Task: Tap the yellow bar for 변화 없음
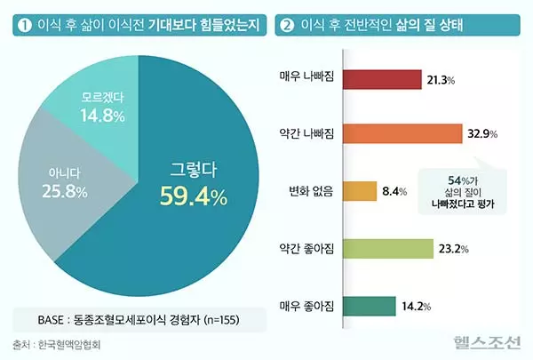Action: pyautogui.click(x=360, y=191)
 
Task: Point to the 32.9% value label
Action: pyautogui.click(x=481, y=134)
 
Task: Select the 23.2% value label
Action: pyautogui.click(x=454, y=250)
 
